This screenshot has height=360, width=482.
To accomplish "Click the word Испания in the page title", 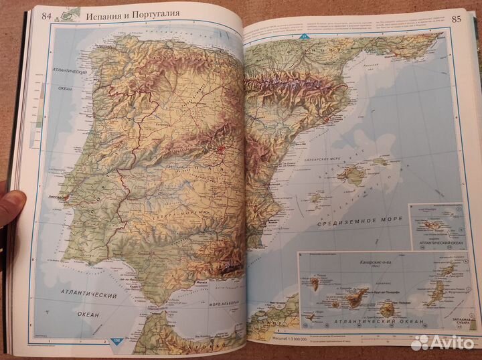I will [x=104, y=13].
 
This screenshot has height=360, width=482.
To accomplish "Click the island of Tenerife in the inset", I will [x=355, y=297].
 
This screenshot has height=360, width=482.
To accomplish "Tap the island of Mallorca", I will [x=351, y=175].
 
